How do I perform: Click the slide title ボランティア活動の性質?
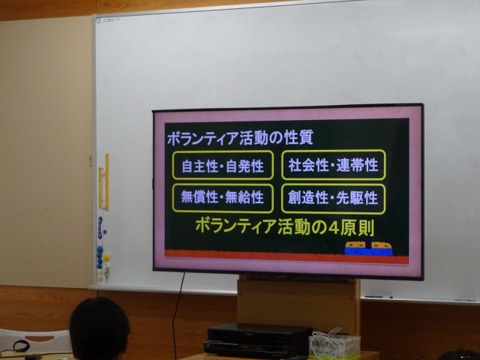pos(240,138)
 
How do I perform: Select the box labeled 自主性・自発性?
pos(223,165)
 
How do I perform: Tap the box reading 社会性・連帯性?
pos(333,165)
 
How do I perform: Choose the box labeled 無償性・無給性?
pos(223,198)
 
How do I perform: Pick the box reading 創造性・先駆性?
pos(333,198)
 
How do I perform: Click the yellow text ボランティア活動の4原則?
pos(285,226)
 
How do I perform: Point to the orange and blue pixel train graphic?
pos(368,248)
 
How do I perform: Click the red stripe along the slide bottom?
pos(286,256)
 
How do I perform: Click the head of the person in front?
pos(99,329)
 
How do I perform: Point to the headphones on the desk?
pos(22,346)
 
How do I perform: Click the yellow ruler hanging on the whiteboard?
pos(106,181)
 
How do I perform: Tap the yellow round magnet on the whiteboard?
pos(106,257)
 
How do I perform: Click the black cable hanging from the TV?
pos(178,315)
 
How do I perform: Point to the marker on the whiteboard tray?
pos(379,297)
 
